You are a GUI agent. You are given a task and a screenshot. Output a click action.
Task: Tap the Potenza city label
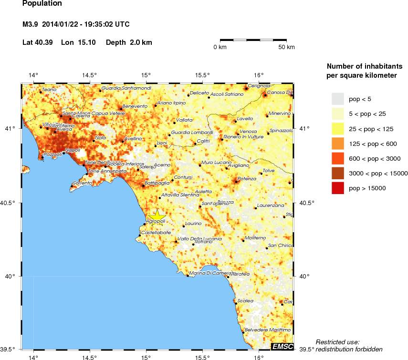[x=247, y=178]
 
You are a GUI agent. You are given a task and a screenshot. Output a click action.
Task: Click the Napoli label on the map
[x=72, y=150]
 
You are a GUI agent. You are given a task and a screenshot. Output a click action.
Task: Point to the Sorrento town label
[x=82, y=183]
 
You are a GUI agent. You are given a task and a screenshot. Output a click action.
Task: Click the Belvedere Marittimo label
[x=267, y=330]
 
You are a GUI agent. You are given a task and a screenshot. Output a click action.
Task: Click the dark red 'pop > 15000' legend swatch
[x=338, y=189]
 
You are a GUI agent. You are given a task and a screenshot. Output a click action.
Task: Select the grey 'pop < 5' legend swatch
[x=338, y=99]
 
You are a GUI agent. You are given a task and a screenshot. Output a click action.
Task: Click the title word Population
[x=42, y=4]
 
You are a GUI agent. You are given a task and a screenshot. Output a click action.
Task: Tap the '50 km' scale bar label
[x=287, y=47]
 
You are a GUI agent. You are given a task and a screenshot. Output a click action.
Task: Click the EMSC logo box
[x=282, y=346]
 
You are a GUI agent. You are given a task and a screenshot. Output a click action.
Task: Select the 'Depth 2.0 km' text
[x=129, y=42]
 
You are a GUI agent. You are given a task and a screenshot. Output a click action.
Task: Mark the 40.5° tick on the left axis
[x=10, y=203]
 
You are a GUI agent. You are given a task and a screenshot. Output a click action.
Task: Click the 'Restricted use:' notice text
[x=337, y=342]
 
